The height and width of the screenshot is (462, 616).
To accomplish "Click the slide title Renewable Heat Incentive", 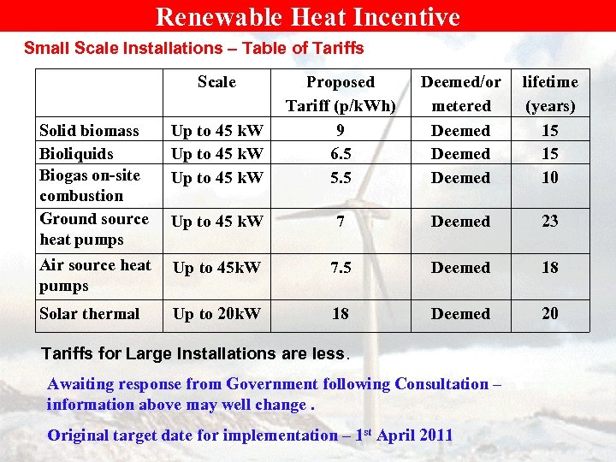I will pyautogui.click(x=308, y=17).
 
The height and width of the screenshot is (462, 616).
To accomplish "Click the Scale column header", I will pyautogui.click(x=216, y=82).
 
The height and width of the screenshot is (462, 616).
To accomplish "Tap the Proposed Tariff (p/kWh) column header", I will pyautogui.click(x=341, y=94).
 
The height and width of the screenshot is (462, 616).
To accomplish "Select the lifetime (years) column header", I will pyautogui.click(x=550, y=94).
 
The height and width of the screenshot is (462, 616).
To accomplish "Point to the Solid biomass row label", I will pyautogui.click(x=89, y=131).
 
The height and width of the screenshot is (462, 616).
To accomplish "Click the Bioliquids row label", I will pyautogui.click(x=77, y=154).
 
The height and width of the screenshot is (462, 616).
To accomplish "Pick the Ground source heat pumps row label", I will pyautogui.click(x=94, y=229).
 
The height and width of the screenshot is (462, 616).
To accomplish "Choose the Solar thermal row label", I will pyautogui.click(x=89, y=314).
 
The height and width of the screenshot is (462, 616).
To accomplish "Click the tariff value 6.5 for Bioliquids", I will pyautogui.click(x=341, y=154).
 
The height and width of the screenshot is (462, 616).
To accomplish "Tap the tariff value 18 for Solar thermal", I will pyautogui.click(x=341, y=314).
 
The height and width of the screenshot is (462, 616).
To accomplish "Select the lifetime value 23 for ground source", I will pyautogui.click(x=550, y=222).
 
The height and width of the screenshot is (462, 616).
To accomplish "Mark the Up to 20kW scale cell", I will pyautogui.click(x=216, y=314).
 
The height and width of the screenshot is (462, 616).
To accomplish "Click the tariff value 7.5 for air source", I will pyautogui.click(x=341, y=268).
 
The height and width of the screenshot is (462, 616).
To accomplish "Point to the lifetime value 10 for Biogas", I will pyautogui.click(x=550, y=178).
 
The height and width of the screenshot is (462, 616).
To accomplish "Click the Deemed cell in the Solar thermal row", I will pyautogui.click(x=460, y=314).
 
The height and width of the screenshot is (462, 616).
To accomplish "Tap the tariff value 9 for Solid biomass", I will pyautogui.click(x=341, y=131).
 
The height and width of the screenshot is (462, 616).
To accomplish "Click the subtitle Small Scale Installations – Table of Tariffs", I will pyautogui.click(x=194, y=49).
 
